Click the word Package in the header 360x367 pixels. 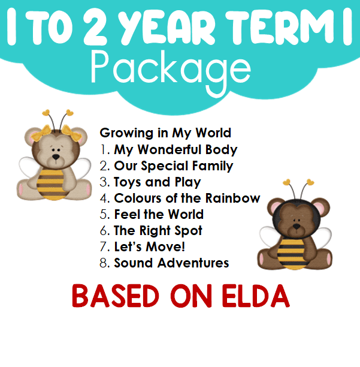pyautogui.click(x=171, y=70)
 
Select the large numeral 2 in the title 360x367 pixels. pyautogui.click(x=95, y=27)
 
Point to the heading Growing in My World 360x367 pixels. pyautogui.click(x=165, y=133)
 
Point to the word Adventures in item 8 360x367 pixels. pyautogui.click(x=193, y=263)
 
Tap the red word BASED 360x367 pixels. pyautogui.click(x=116, y=296)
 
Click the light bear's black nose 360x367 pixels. pyautogui.click(x=56, y=157)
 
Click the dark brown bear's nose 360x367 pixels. pyautogui.click(x=297, y=226)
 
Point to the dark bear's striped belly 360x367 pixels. pyautogui.click(x=292, y=254)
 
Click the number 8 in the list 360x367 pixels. pyautogui.click(x=103, y=263)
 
